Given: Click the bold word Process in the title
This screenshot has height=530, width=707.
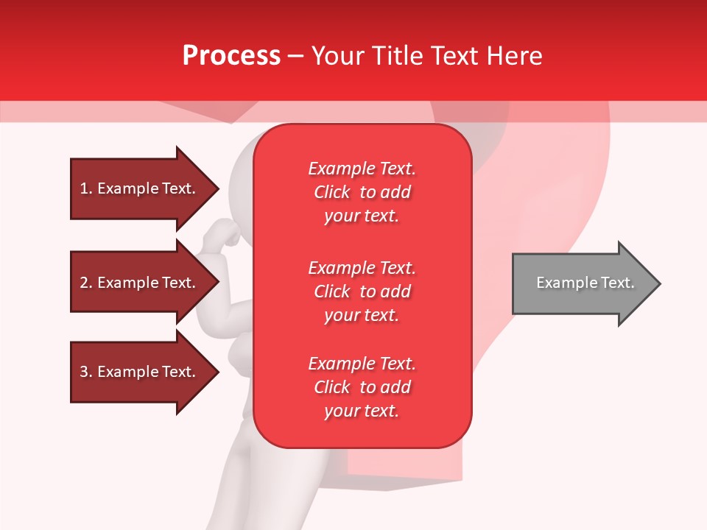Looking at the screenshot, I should pyautogui.click(x=231, y=56).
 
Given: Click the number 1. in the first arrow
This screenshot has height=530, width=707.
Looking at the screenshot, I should pyautogui.click(x=86, y=188).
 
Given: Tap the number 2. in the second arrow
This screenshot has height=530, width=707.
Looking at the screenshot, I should pyautogui.click(x=86, y=283).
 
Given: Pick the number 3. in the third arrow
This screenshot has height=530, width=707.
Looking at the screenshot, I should pyautogui.click(x=86, y=372).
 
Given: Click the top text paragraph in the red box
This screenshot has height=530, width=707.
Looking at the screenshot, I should pyautogui.click(x=362, y=192).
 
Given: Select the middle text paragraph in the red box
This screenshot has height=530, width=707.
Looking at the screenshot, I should pyautogui.click(x=362, y=291).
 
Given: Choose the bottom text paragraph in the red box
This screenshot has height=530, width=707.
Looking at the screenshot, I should pyautogui.click(x=362, y=387).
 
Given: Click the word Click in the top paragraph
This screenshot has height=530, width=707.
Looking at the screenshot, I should pyautogui.click(x=331, y=192).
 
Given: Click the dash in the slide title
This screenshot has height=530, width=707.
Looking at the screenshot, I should pyautogui.click(x=295, y=57).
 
